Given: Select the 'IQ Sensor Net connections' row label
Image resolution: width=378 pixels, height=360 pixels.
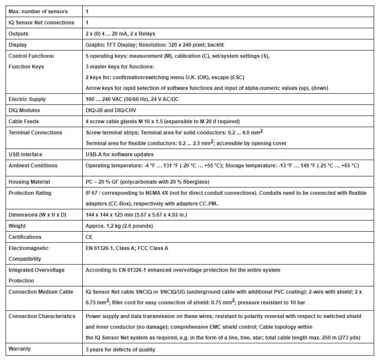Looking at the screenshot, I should [x=41, y=23].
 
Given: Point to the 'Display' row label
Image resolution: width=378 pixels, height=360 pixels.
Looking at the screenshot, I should [x=18, y=45].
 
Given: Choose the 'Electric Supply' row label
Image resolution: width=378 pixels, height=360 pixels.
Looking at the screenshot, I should [x=27, y=99].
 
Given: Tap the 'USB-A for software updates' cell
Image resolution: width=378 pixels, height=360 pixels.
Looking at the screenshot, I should [x=120, y=155].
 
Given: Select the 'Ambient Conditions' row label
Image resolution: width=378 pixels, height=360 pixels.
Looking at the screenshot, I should [x=33, y=166].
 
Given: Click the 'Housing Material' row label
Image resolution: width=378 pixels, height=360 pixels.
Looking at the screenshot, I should [x=29, y=182].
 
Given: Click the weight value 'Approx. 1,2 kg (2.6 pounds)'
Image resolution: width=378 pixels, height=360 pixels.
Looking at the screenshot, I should [x=119, y=226].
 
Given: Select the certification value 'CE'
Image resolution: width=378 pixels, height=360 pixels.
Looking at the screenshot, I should [x=89, y=237].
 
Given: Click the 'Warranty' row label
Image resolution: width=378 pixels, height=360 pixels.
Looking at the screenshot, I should [x=20, y=349].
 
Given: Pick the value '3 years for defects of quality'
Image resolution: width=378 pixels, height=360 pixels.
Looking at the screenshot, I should [x=120, y=350].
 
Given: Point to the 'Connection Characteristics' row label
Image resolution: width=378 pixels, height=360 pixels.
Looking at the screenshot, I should [x=42, y=316].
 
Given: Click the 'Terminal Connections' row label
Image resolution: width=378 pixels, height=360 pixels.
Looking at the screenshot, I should [x=35, y=133].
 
